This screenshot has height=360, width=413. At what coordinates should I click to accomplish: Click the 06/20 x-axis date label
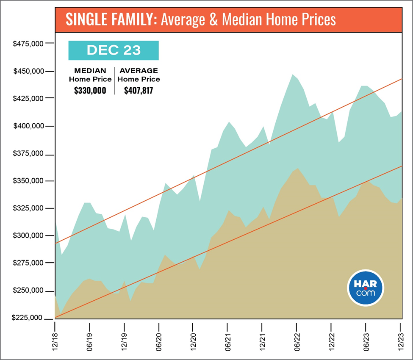[x=159, y=338]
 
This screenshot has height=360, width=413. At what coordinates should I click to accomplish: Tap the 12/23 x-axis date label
[x=400, y=338]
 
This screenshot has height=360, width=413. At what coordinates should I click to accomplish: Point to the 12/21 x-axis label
[x=262, y=338]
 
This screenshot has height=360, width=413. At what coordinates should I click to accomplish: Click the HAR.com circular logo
[x=366, y=289]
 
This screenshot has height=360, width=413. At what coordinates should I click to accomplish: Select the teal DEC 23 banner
[x=114, y=50]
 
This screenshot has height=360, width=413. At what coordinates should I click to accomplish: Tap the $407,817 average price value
[x=139, y=90]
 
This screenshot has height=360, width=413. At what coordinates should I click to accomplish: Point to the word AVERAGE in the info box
[x=139, y=71]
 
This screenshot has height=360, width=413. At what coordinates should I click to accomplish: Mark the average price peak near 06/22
[x=292, y=75]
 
